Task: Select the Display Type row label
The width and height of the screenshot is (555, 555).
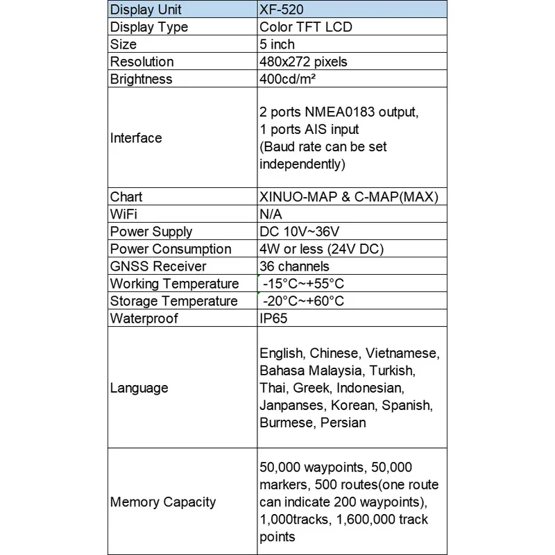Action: [149, 27]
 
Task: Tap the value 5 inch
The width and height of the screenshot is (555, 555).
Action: [277, 44]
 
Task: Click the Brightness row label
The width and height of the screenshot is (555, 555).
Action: [141, 79]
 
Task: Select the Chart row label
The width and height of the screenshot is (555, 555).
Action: [126, 197]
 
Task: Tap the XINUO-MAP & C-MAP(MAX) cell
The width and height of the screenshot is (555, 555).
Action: [349, 197]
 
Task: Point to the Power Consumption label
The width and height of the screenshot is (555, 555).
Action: [171, 249]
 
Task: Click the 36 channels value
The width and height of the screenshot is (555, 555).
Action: [294, 266]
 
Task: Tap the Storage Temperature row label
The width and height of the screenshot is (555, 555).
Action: [173, 301]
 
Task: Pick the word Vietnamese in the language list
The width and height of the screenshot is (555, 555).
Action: [403, 353]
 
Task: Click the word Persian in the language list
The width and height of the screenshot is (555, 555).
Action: [343, 422]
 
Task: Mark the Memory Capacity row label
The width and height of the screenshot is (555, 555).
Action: [163, 502]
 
